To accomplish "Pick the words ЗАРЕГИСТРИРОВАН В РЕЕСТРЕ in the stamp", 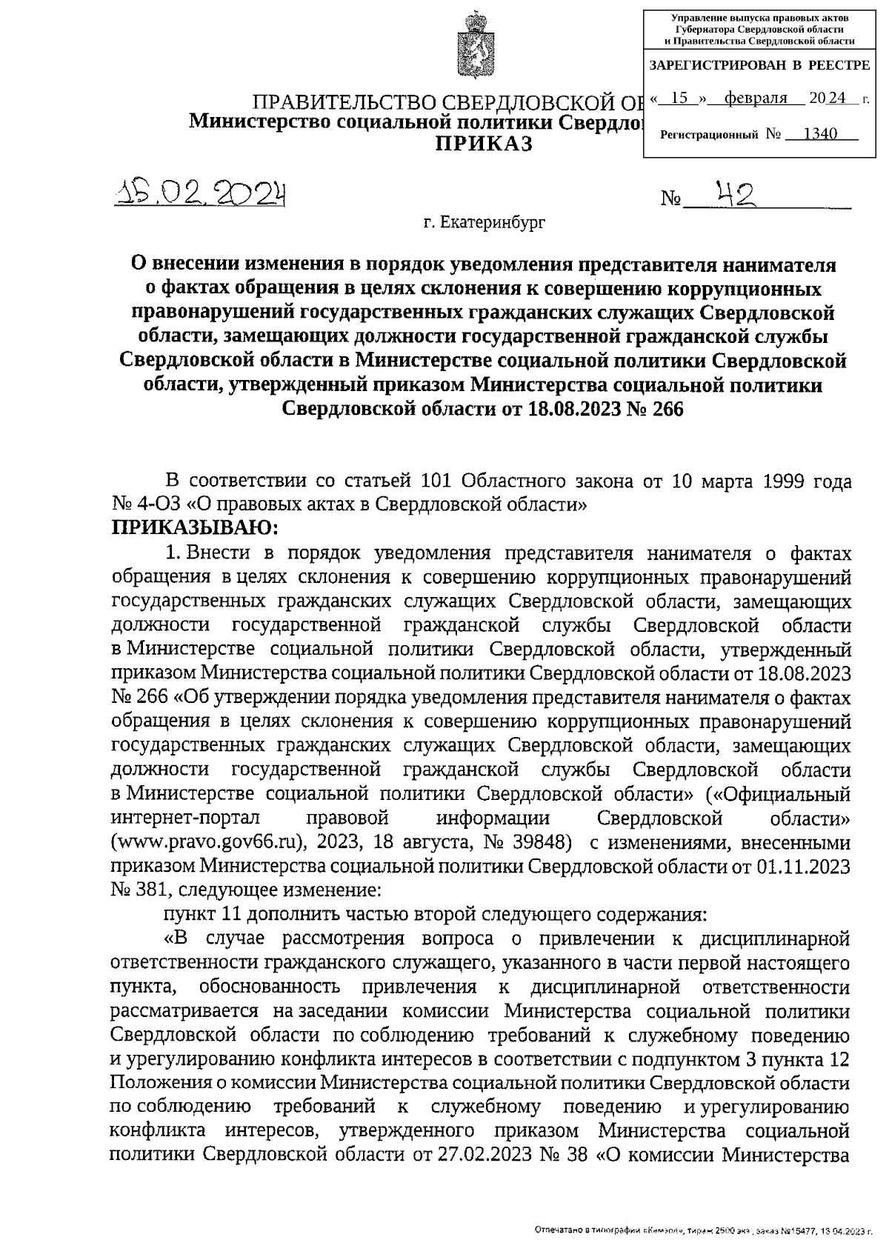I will point(759,65).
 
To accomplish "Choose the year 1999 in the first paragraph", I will point(778,481).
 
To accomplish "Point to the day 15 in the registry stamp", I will point(680,99).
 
